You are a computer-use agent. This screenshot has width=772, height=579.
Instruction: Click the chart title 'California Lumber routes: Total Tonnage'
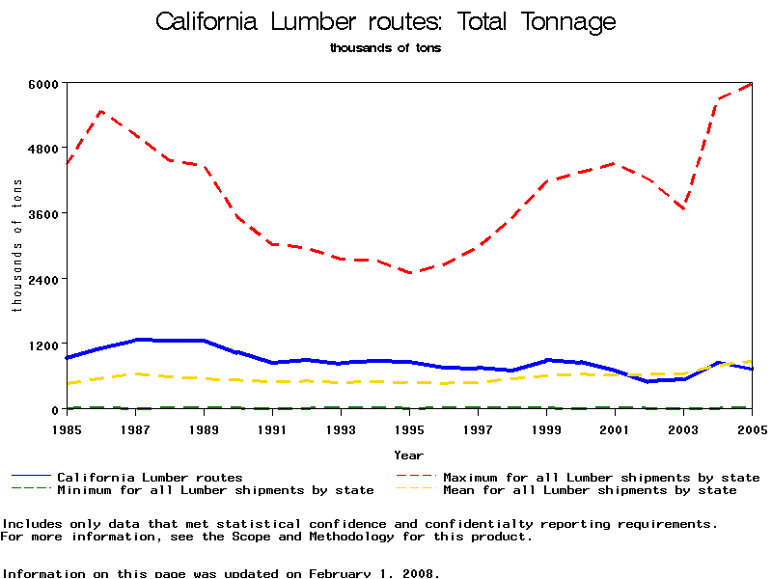click(x=385, y=21)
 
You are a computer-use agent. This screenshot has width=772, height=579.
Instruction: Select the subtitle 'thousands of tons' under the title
click(x=385, y=47)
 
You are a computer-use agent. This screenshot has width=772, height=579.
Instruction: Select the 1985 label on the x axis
click(x=67, y=427)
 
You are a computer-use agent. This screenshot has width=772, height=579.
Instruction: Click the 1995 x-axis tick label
click(x=409, y=427)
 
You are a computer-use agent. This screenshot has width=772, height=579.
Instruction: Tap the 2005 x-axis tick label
click(x=752, y=427)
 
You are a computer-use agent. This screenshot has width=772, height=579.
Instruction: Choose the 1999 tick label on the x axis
click(x=546, y=427)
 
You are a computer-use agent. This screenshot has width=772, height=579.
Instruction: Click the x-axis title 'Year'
click(x=408, y=454)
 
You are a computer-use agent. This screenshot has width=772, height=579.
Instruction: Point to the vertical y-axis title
click(x=16, y=245)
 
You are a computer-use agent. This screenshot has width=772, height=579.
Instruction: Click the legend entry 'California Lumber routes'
click(x=150, y=477)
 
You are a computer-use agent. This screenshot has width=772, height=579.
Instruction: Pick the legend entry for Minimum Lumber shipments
click(x=214, y=490)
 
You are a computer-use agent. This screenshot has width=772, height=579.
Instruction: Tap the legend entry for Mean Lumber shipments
click(x=589, y=490)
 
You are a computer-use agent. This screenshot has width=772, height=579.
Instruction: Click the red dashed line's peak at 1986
click(x=101, y=111)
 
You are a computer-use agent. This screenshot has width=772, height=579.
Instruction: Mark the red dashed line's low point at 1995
click(x=409, y=273)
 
